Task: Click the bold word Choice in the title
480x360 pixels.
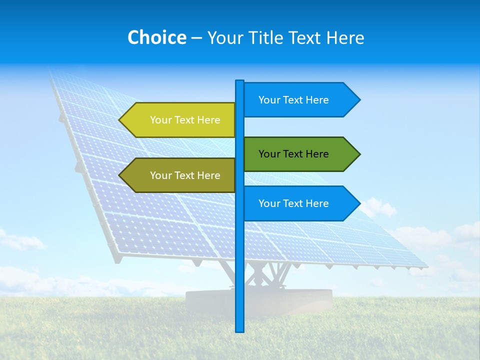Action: coord(156,37)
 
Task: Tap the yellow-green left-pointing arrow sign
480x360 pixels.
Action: coord(180,120)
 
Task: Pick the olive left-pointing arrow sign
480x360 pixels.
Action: coord(180,175)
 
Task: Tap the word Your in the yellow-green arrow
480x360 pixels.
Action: coord(160,120)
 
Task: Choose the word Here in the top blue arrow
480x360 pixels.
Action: coord(317,100)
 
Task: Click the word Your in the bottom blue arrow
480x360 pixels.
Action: coord(269,203)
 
